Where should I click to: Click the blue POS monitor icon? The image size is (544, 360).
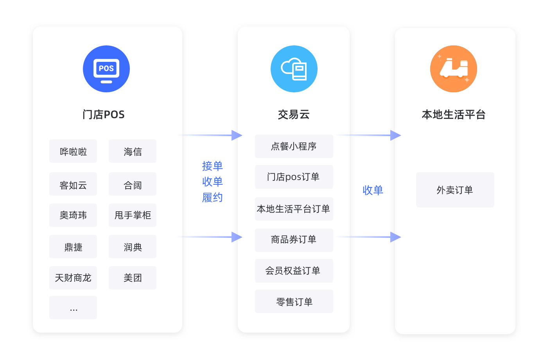click(x=106, y=69)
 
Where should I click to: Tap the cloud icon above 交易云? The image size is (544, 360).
click(x=294, y=69)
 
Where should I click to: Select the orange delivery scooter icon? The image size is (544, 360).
click(x=454, y=69)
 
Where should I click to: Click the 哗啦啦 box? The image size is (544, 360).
click(x=73, y=151)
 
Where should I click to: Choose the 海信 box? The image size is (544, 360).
click(x=133, y=151)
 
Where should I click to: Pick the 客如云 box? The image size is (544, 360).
click(x=73, y=184)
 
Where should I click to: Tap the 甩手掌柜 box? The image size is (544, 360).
click(x=133, y=215)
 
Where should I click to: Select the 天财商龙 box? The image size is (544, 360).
click(x=73, y=278)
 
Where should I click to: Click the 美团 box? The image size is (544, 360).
click(x=133, y=278)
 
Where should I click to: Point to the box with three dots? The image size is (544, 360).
click(x=73, y=308)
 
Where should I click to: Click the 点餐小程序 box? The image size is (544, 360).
click(x=294, y=146)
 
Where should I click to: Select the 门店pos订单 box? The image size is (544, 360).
click(x=294, y=177)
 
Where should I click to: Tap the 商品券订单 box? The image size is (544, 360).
click(x=294, y=240)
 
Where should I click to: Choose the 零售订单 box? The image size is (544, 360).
click(x=294, y=301)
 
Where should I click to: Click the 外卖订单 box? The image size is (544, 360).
click(x=455, y=190)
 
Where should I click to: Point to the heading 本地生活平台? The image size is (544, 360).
click(x=454, y=115)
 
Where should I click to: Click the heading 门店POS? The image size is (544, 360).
click(x=104, y=115)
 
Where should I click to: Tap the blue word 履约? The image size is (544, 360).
click(x=212, y=198)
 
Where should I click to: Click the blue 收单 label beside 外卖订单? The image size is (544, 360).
click(x=373, y=190)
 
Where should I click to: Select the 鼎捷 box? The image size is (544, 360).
click(x=73, y=247)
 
